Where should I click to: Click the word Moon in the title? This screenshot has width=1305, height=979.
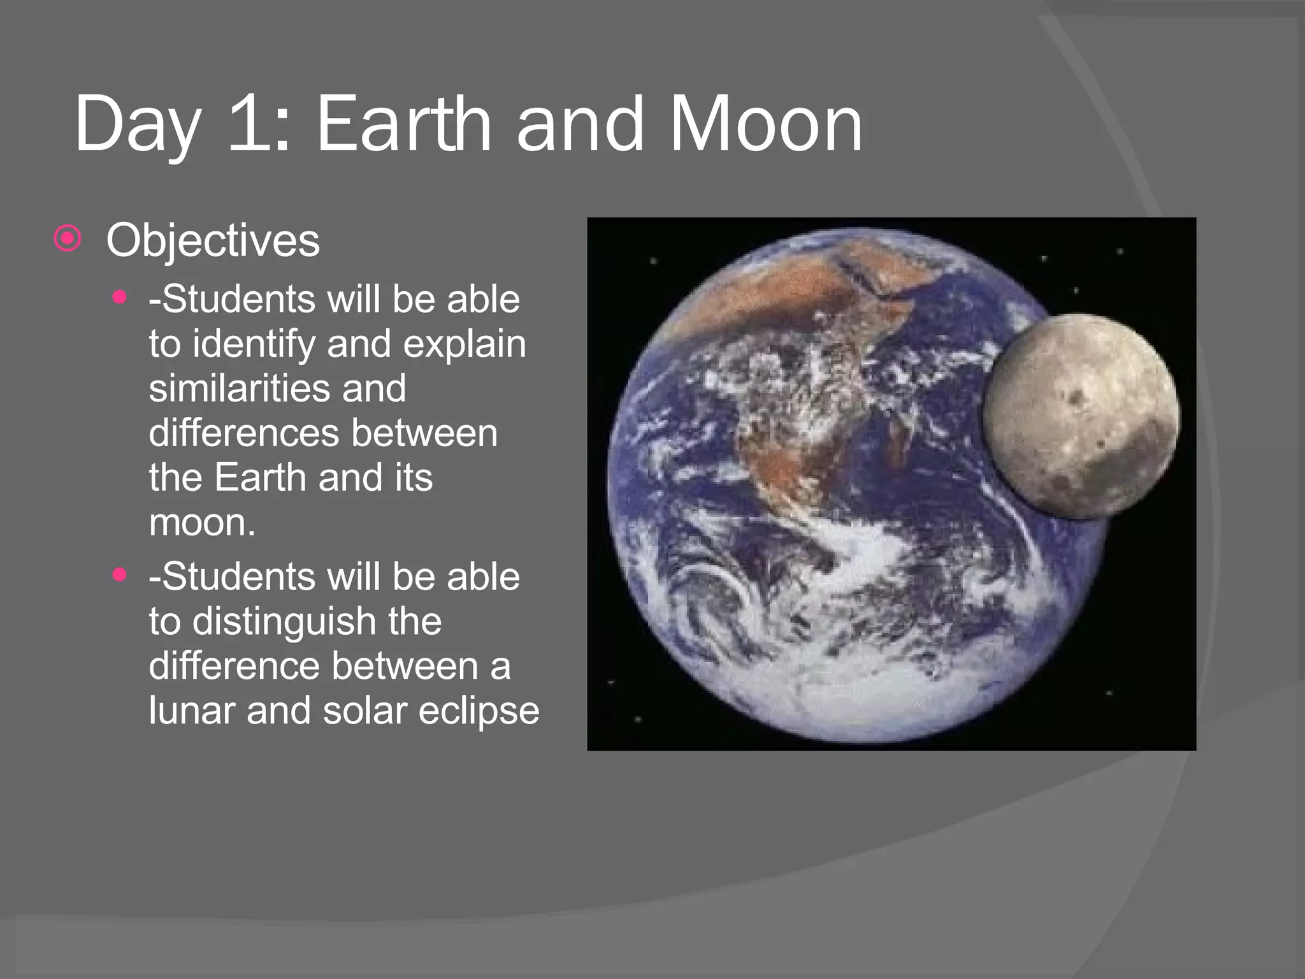click(x=765, y=124)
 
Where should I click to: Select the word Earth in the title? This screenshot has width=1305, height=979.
click(x=403, y=124)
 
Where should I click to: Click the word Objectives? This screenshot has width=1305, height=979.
click(x=213, y=240)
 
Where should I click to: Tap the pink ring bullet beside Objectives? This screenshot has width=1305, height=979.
click(x=68, y=239)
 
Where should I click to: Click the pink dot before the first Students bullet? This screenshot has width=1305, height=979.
click(x=119, y=297)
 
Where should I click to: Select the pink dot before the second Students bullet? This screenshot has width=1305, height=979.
click(x=119, y=574)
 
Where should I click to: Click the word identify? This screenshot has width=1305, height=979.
click(x=254, y=344)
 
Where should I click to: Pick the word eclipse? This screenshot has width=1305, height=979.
click(x=479, y=711)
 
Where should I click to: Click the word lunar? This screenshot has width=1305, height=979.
click(x=191, y=711)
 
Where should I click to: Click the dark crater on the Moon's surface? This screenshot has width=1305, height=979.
click(x=1078, y=398)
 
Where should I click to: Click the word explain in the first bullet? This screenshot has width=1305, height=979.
click(x=465, y=344)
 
